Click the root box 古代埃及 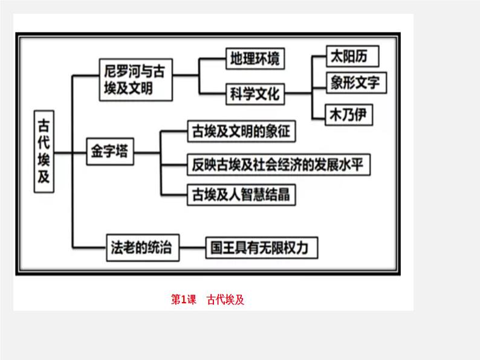(44, 151)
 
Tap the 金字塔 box (109, 151)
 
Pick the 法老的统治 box (142, 247)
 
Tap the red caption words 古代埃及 (225, 299)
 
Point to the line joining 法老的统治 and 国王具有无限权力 (193, 247)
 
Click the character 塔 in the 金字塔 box (120, 151)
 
